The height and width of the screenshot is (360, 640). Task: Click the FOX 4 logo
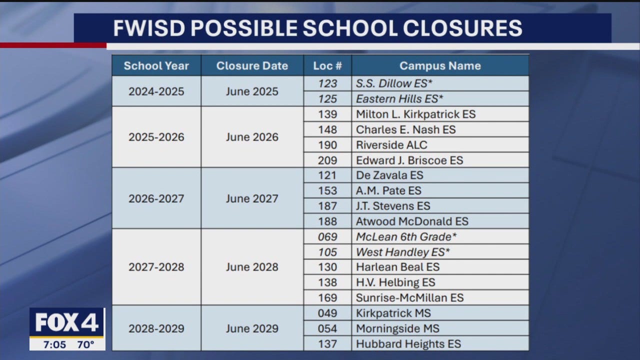[x=67, y=323]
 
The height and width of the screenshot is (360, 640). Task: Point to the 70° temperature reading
[x=86, y=344]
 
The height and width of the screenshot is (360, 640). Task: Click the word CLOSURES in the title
[x=466, y=28]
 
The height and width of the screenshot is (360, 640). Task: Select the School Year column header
[x=156, y=66]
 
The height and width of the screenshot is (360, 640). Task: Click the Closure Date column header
[x=252, y=66]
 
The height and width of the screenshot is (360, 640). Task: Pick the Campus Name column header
[x=440, y=66]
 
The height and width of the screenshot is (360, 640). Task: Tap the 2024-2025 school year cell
[x=156, y=91]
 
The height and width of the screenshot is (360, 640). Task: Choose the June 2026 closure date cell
[x=252, y=137]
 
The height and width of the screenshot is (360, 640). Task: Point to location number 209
[x=327, y=160]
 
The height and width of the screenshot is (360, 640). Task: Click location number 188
[x=327, y=221]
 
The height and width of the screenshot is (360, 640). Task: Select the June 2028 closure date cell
[x=252, y=267]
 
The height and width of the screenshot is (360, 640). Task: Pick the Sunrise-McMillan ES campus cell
[x=409, y=298]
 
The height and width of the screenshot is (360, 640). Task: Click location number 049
[x=327, y=313]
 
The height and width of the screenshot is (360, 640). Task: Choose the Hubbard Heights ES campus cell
[x=408, y=344]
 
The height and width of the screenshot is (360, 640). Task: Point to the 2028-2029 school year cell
[x=156, y=328]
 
